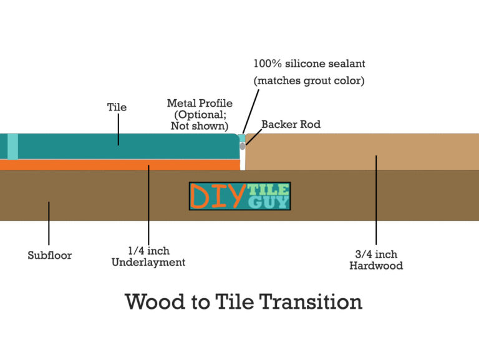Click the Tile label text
pos(117,107)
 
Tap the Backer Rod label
pos(291,124)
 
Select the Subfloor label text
pos(49,255)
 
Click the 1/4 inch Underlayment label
pos(148,256)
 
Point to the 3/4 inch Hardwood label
pos(376,260)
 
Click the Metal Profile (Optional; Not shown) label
pos(200,114)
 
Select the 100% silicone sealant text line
pos(309,64)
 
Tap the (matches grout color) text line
pos(309,80)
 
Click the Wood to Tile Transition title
pos(243,301)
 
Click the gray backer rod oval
pos(243,146)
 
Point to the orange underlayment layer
pos(120,165)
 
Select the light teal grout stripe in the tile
pos(12,147)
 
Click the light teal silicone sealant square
pos(241,138)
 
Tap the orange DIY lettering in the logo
pos(218,196)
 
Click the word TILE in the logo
pos(268,190)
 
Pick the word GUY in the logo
pos(269,202)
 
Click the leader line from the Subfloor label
pos(49,223)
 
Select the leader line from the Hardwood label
pos(376,200)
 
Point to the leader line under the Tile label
pos(119,129)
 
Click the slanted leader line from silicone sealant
pos(251,112)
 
